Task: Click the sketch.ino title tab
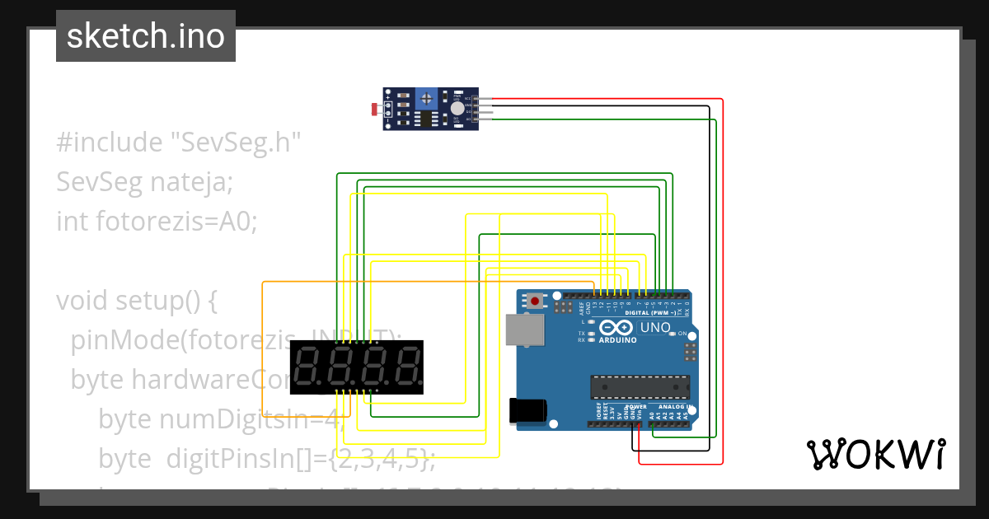click(x=146, y=36)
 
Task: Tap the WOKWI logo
click(x=875, y=454)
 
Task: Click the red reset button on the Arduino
click(x=536, y=302)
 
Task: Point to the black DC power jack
click(x=527, y=409)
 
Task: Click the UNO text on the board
click(x=655, y=327)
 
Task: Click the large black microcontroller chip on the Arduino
click(x=640, y=386)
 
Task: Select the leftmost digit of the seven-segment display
click(x=307, y=367)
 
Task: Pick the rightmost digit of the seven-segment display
click(x=407, y=367)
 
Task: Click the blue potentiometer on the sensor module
click(x=425, y=99)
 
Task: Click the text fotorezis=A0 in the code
click(x=177, y=222)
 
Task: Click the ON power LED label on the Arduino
click(x=682, y=334)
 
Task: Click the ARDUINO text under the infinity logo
click(x=617, y=339)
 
